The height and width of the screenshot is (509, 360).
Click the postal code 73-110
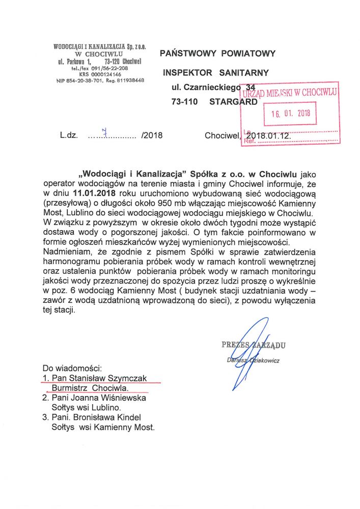point(185,101)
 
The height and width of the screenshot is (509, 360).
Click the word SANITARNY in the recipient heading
point(244,73)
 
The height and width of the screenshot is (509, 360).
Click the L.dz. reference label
point(68,136)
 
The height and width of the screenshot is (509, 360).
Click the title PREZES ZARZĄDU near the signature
point(253,345)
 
